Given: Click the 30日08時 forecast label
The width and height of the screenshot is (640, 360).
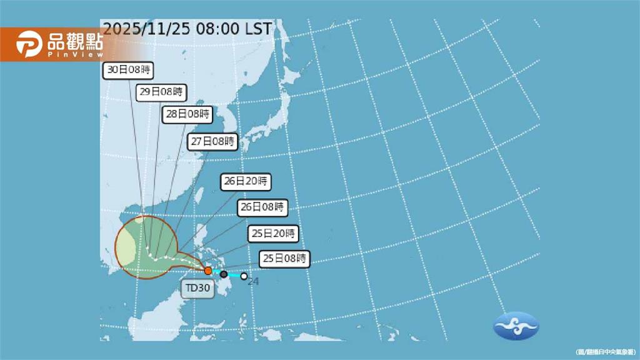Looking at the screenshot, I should tap(129, 70).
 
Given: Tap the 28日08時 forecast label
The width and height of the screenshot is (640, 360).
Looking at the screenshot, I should tap(188, 115).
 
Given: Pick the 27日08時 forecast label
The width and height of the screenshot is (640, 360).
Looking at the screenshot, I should tap(213, 142).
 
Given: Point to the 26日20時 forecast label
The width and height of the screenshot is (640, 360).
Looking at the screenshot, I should tap(247, 182).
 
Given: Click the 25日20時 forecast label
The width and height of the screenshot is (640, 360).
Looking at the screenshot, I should tap(272, 234).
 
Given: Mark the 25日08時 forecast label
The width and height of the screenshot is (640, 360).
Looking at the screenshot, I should tap(284, 257).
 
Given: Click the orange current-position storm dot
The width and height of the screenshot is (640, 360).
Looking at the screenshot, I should tap(208, 271).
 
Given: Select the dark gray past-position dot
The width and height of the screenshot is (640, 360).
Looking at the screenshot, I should tap(224, 274).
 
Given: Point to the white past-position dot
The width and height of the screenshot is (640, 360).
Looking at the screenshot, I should tap(244, 276).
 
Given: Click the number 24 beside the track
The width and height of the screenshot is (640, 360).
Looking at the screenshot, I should tap(253, 282).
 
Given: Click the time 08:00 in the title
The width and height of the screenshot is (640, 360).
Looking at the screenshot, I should tap(216, 29).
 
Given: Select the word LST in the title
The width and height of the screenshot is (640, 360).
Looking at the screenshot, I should tap(258, 29).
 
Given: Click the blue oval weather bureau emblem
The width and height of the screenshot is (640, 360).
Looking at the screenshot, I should tap(516, 326).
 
